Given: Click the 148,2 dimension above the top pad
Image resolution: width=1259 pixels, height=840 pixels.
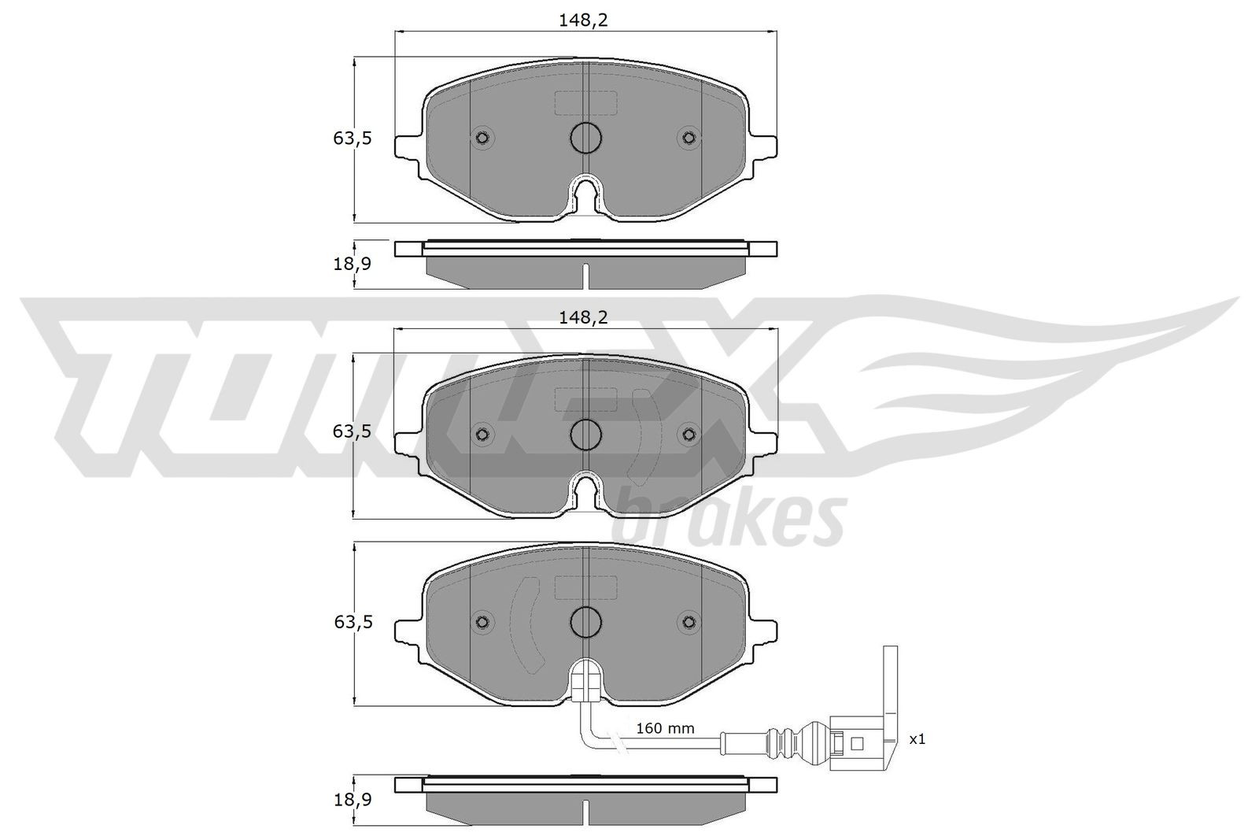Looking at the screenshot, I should pos(584,21).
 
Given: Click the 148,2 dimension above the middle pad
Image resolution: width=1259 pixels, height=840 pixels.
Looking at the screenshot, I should pos(584,317).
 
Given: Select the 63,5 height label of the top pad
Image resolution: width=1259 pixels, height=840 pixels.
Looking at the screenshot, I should pos(352,139).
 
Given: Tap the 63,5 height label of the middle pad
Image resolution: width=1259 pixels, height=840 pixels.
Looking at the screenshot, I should pos(352,431).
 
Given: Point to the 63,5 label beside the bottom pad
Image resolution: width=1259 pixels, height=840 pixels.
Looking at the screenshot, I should pos(352,622).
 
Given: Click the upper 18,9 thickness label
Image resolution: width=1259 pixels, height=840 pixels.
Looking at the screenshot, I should pos(352,264).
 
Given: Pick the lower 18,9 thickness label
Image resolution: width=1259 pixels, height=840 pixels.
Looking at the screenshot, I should pos(352,799).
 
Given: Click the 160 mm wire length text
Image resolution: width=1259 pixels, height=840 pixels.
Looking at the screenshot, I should pos(665,729).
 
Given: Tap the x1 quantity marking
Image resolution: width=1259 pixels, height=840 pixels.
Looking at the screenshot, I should pos(917,739).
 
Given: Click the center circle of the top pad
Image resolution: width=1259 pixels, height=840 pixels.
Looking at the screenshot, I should pos(585,139).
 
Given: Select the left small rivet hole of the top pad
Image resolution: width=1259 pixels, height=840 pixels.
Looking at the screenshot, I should pos(482,139).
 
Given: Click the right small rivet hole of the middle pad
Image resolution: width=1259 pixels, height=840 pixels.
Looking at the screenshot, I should pos(689,434).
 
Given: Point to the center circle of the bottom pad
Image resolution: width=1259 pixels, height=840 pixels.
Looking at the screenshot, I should pos(585,621).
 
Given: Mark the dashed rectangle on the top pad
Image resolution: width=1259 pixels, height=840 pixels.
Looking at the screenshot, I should pos(585,103).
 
